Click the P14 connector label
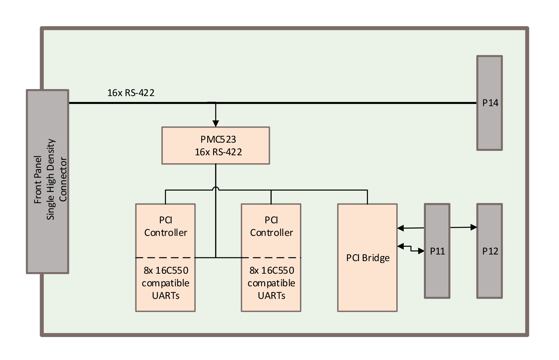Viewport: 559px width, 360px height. tap(490, 103)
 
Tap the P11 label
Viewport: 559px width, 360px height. tap(437, 251)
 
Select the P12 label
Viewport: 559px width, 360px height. tap(490, 251)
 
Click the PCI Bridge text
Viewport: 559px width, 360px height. tap(368, 258)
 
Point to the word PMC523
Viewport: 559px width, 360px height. tap(218, 139)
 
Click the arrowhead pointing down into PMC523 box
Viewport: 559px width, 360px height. tap(216, 123)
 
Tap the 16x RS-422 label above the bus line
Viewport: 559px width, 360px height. tap(131, 93)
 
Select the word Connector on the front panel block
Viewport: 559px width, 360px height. tap(63, 180)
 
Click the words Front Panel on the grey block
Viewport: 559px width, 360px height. tap(38, 180)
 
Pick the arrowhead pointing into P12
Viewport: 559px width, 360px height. tap(474, 227)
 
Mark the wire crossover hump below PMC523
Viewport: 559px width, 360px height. tap(216, 189)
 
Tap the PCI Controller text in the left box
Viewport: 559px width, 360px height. tap(166, 226)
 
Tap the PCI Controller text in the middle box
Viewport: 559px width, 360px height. tap(271, 226)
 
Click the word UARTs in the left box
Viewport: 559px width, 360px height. tap(166, 296)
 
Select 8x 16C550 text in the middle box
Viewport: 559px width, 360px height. tap(271, 271)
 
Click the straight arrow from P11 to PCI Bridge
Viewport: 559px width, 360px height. tap(411, 228)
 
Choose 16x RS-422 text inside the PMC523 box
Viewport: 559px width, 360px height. tap(218, 152)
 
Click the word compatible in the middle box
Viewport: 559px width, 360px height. tap(271, 283)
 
